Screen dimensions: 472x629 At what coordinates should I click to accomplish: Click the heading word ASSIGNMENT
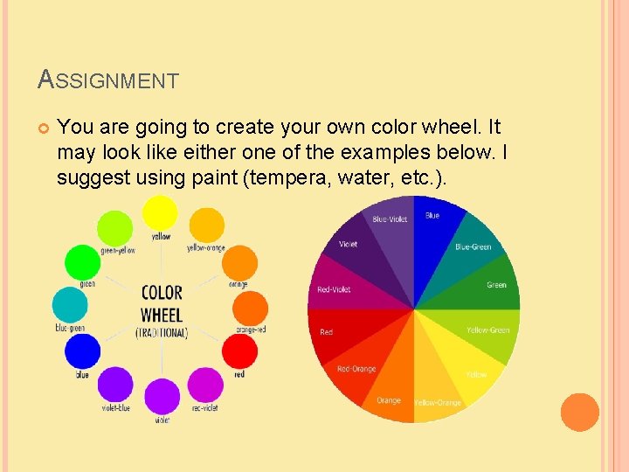point(108,80)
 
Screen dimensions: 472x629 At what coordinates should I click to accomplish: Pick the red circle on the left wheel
point(239,352)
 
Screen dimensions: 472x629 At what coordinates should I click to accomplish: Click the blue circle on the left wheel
point(82,352)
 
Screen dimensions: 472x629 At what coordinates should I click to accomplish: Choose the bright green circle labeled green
point(84,262)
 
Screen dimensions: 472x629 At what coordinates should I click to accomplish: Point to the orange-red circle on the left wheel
point(252,309)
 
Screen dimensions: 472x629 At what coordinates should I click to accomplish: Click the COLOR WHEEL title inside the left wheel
point(162,303)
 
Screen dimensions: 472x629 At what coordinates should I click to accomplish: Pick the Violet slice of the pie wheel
point(367,253)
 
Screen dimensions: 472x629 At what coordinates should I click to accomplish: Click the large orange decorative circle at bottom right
point(579,412)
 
